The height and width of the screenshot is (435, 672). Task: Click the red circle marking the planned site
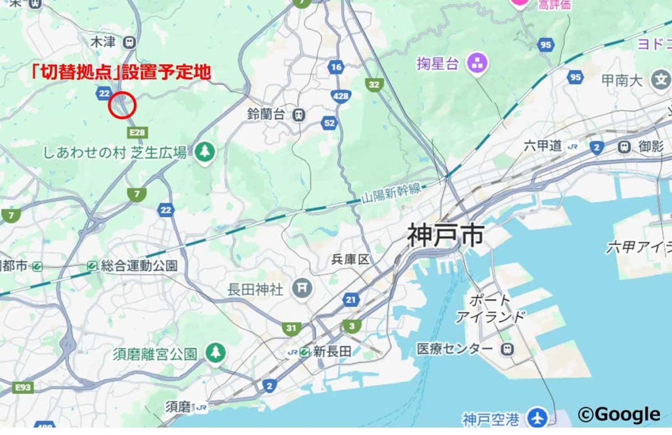click(122, 105)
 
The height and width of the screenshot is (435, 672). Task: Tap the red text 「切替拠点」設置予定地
click(121, 72)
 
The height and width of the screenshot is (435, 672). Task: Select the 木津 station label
click(103, 42)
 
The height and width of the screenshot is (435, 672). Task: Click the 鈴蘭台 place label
click(266, 114)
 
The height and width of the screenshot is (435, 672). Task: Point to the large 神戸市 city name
click(446, 235)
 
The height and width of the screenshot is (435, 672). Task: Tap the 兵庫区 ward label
click(350, 259)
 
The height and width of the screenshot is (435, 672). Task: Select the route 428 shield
click(340, 96)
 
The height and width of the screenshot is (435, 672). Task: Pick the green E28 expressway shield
click(137, 133)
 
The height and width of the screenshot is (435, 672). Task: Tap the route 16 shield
click(336, 67)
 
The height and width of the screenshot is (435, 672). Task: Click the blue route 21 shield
click(351, 300)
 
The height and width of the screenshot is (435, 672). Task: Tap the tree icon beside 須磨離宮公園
click(215, 353)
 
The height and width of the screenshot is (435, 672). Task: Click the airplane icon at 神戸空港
click(538, 417)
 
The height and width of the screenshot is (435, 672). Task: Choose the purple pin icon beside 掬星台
click(477, 64)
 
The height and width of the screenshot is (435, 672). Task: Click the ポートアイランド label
click(490, 309)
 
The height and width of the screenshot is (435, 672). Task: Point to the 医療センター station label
click(455, 349)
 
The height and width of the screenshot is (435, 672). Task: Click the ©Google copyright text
click(619, 414)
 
